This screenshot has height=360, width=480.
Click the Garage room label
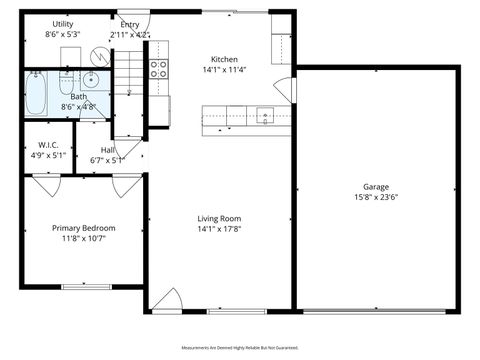coord(375,187)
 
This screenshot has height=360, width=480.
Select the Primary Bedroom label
coord(83,228)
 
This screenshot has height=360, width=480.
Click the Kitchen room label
coord(224,59)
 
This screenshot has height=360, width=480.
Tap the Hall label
coord(107,149)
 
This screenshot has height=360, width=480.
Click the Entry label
coord(129,24)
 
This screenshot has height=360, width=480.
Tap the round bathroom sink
coord(90,81)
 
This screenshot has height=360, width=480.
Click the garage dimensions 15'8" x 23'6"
coord(375,197)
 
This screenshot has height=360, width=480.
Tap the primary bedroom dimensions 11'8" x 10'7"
coord(83,239)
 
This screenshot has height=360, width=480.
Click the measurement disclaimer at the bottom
coord(240,347)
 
